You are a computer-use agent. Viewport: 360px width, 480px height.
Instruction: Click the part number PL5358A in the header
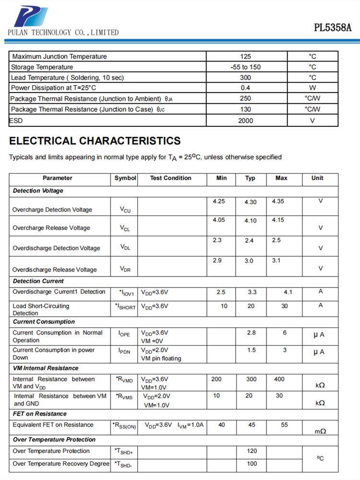coord(333,27)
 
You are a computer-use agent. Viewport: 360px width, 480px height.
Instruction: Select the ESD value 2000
coord(245,120)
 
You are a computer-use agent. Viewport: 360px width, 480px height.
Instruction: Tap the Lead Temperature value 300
coord(245,77)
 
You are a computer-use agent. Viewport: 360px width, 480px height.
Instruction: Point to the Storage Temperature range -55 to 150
coord(245,67)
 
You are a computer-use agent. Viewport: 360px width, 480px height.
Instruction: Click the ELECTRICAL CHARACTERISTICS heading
coord(95,141)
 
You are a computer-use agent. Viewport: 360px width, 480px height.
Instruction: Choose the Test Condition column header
coord(170,178)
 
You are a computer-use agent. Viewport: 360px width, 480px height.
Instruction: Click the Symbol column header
coord(125,178)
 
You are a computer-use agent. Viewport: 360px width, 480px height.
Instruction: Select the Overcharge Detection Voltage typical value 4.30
coord(251,202)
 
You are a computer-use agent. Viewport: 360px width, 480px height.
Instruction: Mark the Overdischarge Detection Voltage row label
coord(56,248)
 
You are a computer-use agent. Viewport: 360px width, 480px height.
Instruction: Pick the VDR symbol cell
coord(125,269)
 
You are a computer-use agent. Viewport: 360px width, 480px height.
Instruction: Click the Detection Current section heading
coord(38,281)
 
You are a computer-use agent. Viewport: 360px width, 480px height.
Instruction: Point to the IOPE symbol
coord(124,334)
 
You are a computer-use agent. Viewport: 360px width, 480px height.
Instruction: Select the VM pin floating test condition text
coord(161,358)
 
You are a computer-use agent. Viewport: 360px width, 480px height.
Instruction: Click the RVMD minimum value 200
coord(216,379)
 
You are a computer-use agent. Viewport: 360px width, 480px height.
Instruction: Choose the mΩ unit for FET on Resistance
coord(320,432)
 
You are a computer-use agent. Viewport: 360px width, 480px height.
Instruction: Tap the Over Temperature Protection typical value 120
coord(252,451)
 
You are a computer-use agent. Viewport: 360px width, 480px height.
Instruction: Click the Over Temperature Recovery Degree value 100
coord(252,464)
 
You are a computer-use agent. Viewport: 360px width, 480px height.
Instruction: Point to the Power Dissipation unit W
coord(312,88)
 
